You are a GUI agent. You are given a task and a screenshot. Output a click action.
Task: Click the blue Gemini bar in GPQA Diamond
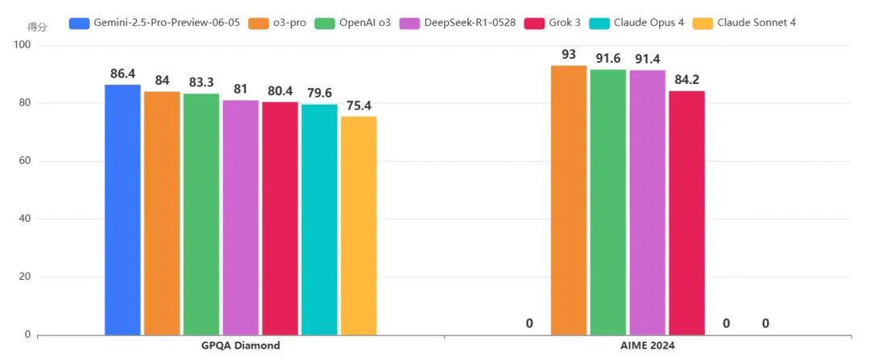[x=122, y=210]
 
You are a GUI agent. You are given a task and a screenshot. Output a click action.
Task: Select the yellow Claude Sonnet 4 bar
[x=358, y=226]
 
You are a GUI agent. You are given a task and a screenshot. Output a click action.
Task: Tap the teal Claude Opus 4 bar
[x=319, y=219]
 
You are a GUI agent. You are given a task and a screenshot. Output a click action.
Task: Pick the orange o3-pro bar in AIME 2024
[x=569, y=200]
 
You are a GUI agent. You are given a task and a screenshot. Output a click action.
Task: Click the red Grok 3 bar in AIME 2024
[x=686, y=213]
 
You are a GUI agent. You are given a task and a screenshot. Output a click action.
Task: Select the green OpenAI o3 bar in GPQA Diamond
[x=201, y=214]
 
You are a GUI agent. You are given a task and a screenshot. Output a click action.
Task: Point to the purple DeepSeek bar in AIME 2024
[x=647, y=202]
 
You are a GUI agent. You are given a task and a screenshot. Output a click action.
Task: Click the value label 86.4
[x=122, y=74]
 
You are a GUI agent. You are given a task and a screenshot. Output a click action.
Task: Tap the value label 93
[x=569, y=55]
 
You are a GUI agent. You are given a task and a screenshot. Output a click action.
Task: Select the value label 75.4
[x=358, y=106]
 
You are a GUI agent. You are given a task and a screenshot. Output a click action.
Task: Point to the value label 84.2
[x=686, y=81]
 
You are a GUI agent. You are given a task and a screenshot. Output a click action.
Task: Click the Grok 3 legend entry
[x=565, y=22]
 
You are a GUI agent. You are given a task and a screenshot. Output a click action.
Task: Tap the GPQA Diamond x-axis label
[x=241, y=346]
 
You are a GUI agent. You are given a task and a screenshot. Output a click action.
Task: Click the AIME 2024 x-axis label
[x=647, y=346]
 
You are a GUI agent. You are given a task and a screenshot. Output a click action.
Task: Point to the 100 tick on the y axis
[x=23, y=45]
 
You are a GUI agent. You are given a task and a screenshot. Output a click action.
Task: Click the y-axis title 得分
[x=37, y=27]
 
